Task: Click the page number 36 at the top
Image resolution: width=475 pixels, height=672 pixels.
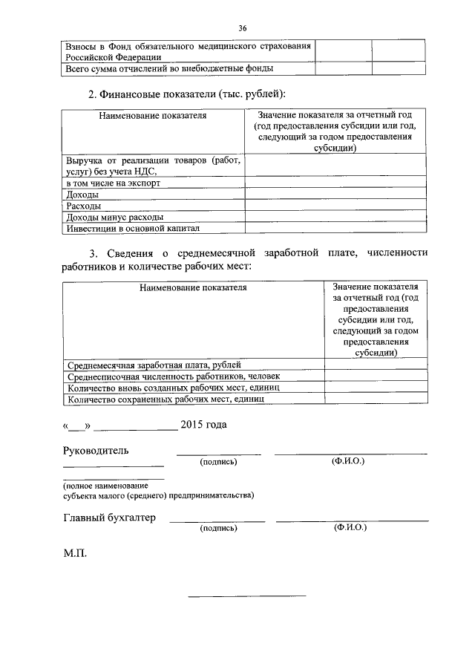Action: tap(242, 28)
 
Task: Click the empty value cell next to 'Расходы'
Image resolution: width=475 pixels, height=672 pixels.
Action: tap(335, 205)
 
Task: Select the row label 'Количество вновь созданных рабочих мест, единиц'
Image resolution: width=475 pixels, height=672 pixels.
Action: tap(172, 388)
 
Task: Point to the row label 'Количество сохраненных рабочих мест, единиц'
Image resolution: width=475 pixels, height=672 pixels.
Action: tap(166, 399)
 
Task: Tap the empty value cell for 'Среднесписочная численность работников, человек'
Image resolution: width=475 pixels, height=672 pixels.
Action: tap(376, 376)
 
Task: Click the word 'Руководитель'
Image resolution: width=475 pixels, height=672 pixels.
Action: tap(96, 451)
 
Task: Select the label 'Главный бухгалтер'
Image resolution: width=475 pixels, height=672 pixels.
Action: tap(109, 518)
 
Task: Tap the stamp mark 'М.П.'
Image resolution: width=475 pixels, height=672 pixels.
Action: tap(75, 552)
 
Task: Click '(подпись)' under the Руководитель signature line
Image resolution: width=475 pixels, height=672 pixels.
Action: tap(218, 462)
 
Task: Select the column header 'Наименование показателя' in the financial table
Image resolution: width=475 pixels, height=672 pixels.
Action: tap(152, 116)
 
